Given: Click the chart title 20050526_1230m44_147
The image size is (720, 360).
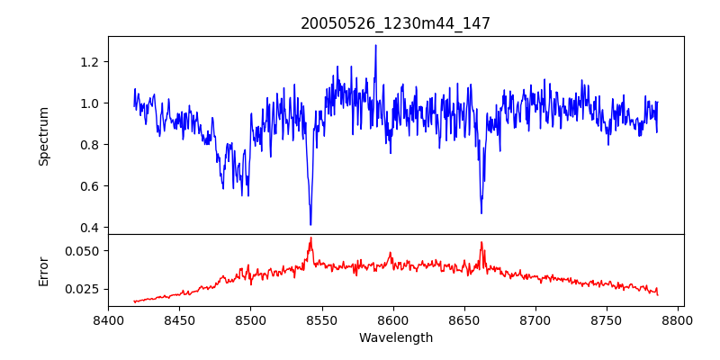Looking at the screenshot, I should pyautogui.click(x=395, y=23).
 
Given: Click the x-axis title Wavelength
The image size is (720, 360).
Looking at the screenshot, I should pyautogui.click(x=395, y=337).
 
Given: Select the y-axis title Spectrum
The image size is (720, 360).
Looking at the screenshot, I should pyautogui.click(x=43, y=135).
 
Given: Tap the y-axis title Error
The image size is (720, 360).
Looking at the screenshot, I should pyautogui.click(x=43, y=270).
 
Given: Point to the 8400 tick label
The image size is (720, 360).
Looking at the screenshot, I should pyautogui.click(x=108, y=319).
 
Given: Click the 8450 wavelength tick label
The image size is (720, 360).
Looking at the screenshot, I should pyautogui.click(x=179, y=319).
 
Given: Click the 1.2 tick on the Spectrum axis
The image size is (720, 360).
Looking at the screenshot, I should pyautogui.click(x=90, y=61).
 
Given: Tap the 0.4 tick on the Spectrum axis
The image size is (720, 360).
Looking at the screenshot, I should pyautogui.click(x=90, y=227).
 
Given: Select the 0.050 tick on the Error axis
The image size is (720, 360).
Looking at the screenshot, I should pyautogui.click(x=84, y=250).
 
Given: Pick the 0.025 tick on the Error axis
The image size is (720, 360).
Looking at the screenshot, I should pyautogui.click(x=84, y=289).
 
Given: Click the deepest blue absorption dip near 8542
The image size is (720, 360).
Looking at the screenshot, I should pyautogui.click(x=310, y=224).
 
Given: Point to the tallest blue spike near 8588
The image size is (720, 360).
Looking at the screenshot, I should pyautogui.click(x=375, y=46).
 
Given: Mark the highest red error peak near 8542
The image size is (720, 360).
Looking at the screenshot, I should pyautogui.click(x=310, y=238).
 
